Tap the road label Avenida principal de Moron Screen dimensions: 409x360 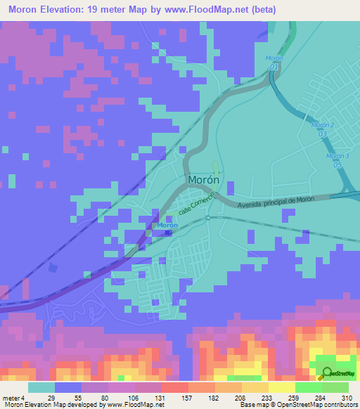276,202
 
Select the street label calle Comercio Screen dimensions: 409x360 195,207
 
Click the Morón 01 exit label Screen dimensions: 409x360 274,62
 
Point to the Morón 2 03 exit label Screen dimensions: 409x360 323,129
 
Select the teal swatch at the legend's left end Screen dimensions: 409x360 41,387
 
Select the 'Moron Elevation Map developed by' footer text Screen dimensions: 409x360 52,405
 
